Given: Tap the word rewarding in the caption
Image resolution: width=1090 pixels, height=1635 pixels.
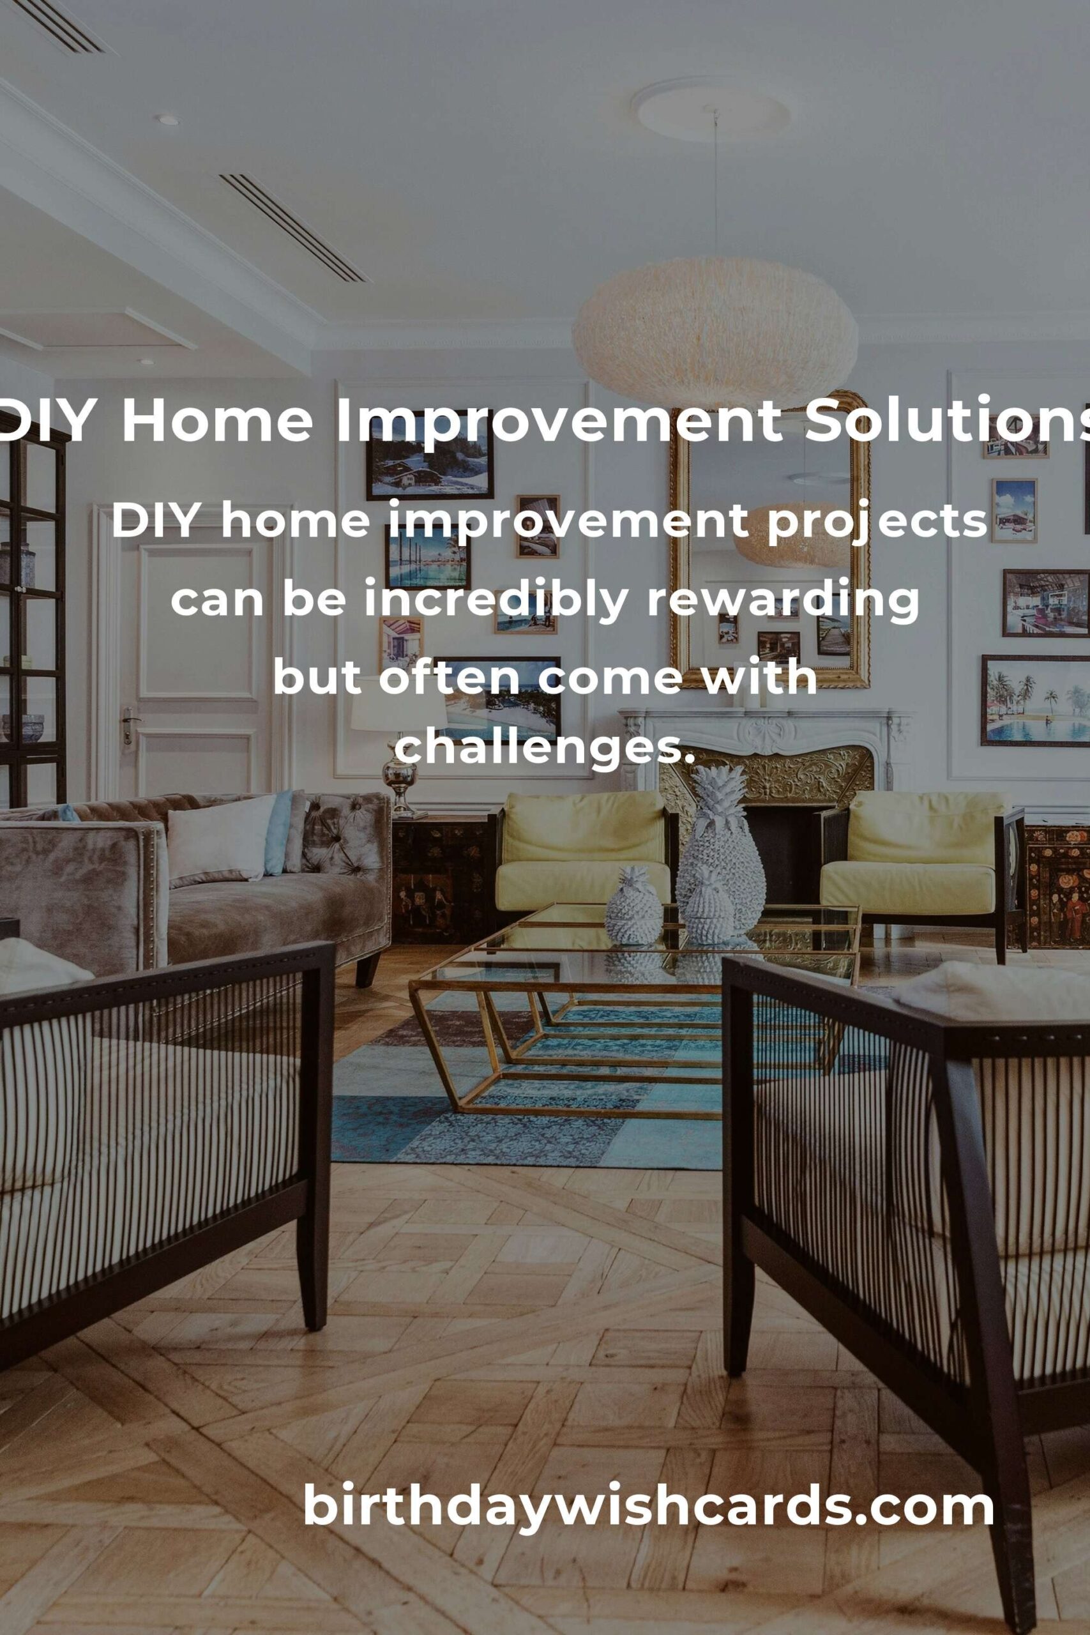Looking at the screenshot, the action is pyautogui.click(x=783, y=600).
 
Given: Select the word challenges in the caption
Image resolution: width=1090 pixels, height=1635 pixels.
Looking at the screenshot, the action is pyautogui.click(x=544, y=747).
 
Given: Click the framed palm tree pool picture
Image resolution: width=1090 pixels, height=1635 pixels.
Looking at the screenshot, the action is pyautogui.click(x=1035, y=700).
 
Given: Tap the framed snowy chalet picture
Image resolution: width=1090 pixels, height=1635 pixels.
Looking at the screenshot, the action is pyautogui.click(x=430, y=459).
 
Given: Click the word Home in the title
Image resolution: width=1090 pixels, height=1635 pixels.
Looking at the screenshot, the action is pyautogui.click(x=217, y=422).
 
